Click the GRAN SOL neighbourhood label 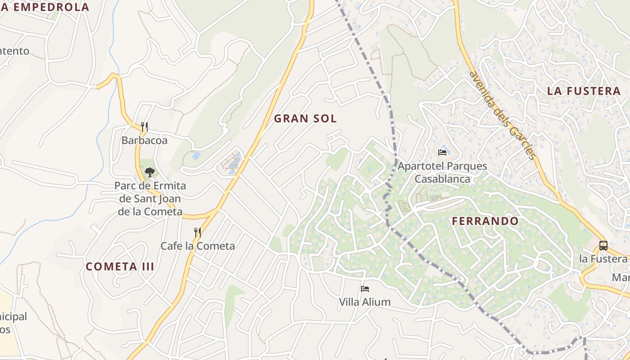coord(305,118)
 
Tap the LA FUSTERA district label coord(584,91)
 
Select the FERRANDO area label coord(485,221)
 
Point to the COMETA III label coord(120,266)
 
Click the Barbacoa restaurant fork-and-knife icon coord(144,126)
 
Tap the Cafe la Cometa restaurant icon coord(198,232)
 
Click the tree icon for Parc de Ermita coord(150,172)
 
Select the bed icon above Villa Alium coord(364,288)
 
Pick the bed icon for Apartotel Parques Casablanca coord(442,153)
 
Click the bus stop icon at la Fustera coord(603,246)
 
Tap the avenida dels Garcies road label coord(503,115)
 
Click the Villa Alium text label coord(364,302)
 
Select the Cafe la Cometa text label coord(198,246)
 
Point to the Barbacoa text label coord(144,140)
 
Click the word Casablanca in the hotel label coord(442,179)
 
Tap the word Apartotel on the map coord(419,166)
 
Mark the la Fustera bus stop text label coord(603,259)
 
